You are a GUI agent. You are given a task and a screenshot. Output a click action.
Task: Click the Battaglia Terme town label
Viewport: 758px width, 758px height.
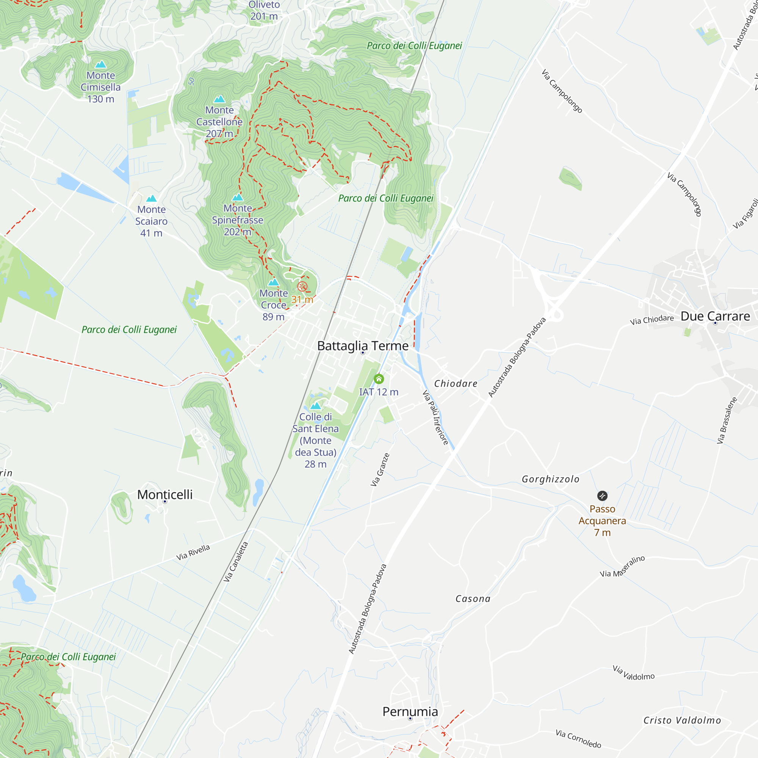point(363,346)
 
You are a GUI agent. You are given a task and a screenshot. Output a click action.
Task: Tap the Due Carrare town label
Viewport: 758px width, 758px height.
point(715,316)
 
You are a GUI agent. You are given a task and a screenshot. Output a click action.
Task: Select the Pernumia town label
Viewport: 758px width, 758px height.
point(410,711)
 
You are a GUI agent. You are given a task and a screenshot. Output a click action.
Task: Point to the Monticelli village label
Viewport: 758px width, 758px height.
point(165,494)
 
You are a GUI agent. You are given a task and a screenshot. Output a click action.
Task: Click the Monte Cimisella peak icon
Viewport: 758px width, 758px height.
point(101,64)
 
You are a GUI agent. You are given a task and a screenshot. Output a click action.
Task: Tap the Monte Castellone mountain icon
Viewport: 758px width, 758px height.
point(219,99)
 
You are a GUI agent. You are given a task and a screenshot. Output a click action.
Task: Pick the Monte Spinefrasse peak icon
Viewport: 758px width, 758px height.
point(238,197)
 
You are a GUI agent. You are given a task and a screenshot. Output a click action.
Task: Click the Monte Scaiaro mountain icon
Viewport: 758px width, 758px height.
point(152,199)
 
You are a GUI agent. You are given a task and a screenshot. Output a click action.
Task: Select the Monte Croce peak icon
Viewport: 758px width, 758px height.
point(274,282)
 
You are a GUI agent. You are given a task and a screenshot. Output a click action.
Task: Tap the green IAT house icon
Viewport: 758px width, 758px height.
point(379,379)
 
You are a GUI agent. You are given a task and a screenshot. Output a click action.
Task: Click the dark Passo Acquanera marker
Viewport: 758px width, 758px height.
point(602,496)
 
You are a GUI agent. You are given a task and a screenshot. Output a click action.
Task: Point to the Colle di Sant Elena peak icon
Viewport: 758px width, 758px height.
point(315,406)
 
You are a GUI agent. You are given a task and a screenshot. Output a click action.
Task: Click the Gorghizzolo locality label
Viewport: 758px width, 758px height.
point(550,479)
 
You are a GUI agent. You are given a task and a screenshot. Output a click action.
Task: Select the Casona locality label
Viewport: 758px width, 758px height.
point(473,599)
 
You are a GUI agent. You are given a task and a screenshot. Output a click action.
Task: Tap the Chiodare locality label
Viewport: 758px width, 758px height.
point(456,384)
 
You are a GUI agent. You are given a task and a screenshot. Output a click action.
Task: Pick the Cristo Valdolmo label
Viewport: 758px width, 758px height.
point(682,720)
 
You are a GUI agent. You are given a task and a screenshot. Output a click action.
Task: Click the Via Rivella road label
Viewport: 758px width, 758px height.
point(193,552)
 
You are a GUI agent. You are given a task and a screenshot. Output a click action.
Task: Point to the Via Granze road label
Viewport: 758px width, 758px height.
point(380,470)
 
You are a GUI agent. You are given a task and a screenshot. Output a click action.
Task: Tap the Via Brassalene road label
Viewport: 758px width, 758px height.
point(727,420)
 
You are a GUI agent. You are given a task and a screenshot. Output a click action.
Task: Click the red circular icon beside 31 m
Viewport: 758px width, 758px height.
point(302,287)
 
